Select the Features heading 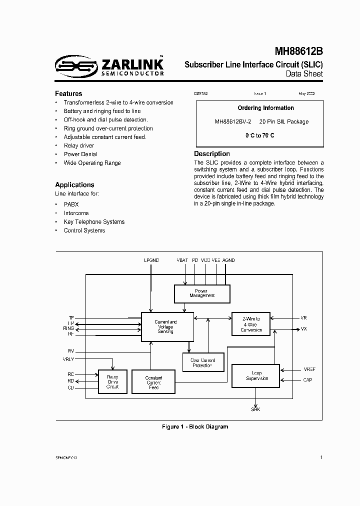tap(68, 93)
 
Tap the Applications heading tap(74, 184)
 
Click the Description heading tap(212, 154)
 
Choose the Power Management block tap(202, 293)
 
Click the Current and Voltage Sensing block tap(165, 327)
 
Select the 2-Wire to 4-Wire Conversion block tap(251, 324)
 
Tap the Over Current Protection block tap(202, 362)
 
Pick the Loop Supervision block tap(256, 376)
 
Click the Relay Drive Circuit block tap(112, 382)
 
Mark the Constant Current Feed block tap(153, 382)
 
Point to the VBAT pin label tap(182, 260)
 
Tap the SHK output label tap(255, 409)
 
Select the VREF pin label tap(309, 369)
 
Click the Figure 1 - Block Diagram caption tap(195, 426)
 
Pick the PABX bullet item tap(71, 204)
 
